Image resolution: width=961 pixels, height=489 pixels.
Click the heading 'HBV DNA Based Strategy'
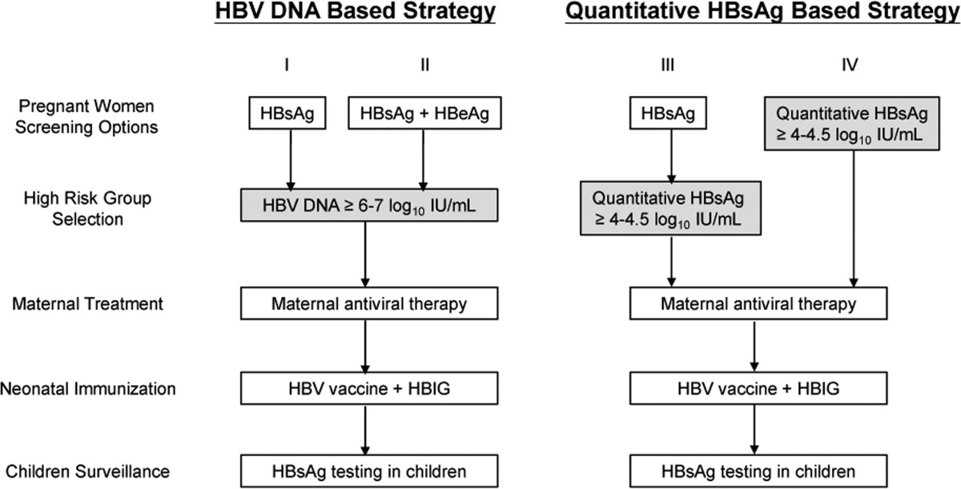tap(356, 12)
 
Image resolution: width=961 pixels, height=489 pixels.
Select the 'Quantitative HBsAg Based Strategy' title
tap(762, 12)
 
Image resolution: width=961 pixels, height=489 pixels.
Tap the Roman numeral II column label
tap(424, 65)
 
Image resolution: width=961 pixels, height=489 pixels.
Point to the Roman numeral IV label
tap(850, 65)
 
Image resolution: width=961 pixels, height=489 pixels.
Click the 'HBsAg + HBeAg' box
tap(424, 113)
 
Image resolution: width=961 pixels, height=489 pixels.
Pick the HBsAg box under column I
tap(287, 113)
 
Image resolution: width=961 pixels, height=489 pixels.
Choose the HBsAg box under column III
tap(668, 113)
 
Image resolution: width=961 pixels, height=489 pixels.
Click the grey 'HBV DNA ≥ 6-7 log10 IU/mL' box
tap(369, 206)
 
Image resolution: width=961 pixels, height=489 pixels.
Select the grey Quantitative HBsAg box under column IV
tap(852, 124)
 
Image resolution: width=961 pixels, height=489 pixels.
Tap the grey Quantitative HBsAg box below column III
tap(671, 208)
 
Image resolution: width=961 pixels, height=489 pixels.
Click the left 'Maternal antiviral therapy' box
tap(369, 303)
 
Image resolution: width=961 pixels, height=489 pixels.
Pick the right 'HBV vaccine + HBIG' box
tap(758, 388)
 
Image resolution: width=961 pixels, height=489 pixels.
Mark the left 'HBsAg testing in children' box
tap(369, 471)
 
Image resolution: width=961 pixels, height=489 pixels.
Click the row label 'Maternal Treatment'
tap(87, 304)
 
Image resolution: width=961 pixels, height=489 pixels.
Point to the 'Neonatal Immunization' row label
tap(88, 389)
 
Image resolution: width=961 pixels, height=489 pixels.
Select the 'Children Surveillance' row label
tap(87, 471)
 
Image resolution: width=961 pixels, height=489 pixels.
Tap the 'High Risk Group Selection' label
tap(87, 209)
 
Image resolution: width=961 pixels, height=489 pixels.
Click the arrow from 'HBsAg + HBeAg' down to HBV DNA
tap(424, 159)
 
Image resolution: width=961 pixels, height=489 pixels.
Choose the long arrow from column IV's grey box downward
tap(854, 219)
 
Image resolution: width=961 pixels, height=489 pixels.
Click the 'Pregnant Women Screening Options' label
tap(86, 117)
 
